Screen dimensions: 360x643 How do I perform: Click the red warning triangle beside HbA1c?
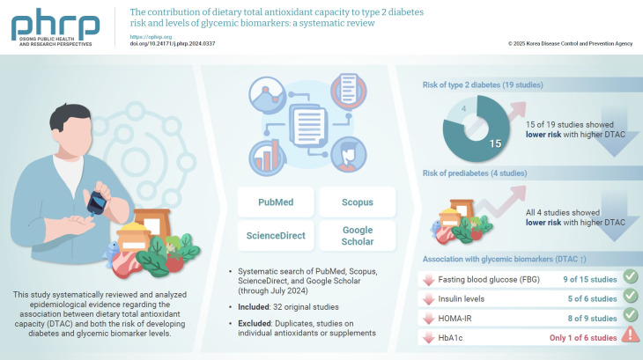tap(629, 334)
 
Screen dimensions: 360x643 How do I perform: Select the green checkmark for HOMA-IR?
tap(629, 316)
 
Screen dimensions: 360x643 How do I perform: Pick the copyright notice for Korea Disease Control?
tap(571, 43)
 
